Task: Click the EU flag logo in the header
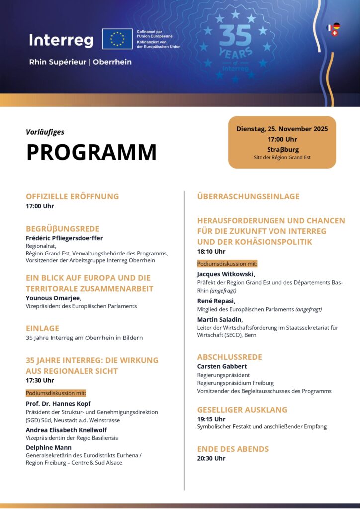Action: click(x=117, y=39)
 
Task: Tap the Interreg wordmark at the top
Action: click(x=61, y=40)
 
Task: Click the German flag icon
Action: click(x=337, y=26)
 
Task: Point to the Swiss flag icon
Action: click(x=334, y=33)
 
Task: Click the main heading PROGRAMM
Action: click(x=91, y=152)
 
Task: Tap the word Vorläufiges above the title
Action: click(x=45, y=132)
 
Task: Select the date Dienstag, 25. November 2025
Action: click(x=282, y=129)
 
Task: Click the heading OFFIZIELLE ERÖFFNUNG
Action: click(x=73, y=196)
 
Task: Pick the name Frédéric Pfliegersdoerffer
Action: click(x=64, y=238)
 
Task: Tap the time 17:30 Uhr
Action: click(x=40, y=380)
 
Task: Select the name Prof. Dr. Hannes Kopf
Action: click(x=58, y=404)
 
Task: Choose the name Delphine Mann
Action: click(x=49, y=447)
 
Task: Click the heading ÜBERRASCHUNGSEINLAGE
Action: click(x=249, y=196)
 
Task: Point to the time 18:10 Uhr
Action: click(x=211, y=252)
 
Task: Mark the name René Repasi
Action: click(x=216, y=301)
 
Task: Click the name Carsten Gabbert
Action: click(x=222, y=366)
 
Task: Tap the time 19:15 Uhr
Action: click(x=211, y=419)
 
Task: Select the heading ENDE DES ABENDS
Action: click(x=233, y=449)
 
